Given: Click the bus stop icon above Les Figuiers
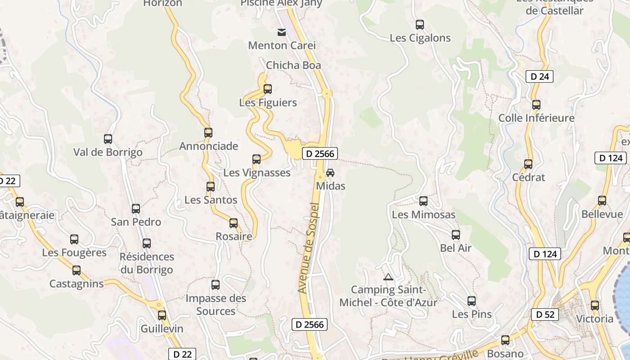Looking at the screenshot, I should (268, 89).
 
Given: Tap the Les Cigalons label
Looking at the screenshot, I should (420, 38).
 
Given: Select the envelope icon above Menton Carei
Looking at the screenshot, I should (282, 32).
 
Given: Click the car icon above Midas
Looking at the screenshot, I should (330, 173).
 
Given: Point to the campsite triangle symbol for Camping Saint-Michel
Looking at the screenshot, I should (388, 277).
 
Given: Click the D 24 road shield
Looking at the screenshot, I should (540, 76).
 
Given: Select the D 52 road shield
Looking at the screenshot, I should (545, 315).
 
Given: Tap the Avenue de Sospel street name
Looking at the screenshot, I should (309, 248).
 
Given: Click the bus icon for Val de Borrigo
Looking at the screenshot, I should (108, 139).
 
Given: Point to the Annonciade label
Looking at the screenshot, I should (208, 146).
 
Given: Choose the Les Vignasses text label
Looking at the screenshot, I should (257, 173).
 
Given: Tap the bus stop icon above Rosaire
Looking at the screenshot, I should (234, 223).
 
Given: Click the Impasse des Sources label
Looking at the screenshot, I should (216, 305).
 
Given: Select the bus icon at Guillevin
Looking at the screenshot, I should (162, 315).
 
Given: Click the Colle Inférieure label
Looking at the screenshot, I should (536, 118).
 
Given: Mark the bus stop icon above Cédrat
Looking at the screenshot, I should (528, 164).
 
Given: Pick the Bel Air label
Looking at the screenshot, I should (456, 248).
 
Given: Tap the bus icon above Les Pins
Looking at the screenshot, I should (472, 301).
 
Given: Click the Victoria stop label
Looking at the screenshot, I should (595, 319).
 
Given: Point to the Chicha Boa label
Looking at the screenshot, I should (293, 65).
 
